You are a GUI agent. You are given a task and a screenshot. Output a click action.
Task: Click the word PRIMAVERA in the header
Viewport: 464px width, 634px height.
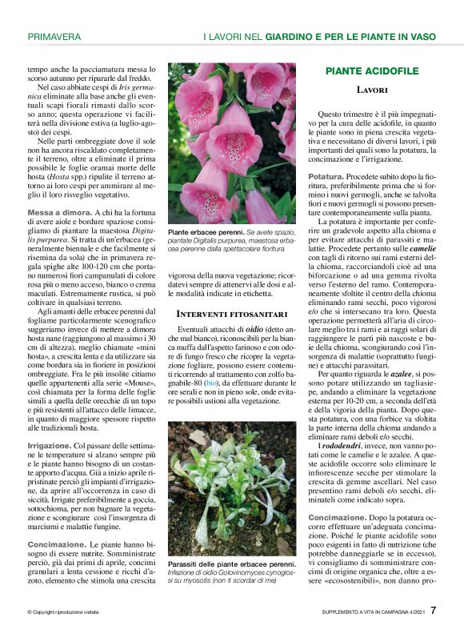[x=54, y=37]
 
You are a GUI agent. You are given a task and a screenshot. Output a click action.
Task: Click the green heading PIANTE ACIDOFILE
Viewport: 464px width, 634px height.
[x=372, y=71]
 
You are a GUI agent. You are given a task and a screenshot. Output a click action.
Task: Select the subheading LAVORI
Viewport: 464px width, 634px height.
[x=372, y=90]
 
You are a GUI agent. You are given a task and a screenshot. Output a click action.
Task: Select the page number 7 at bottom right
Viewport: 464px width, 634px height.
[x=433, y=611]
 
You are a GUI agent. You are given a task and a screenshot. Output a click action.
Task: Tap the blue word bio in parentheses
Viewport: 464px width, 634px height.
[x=210, y=383]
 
